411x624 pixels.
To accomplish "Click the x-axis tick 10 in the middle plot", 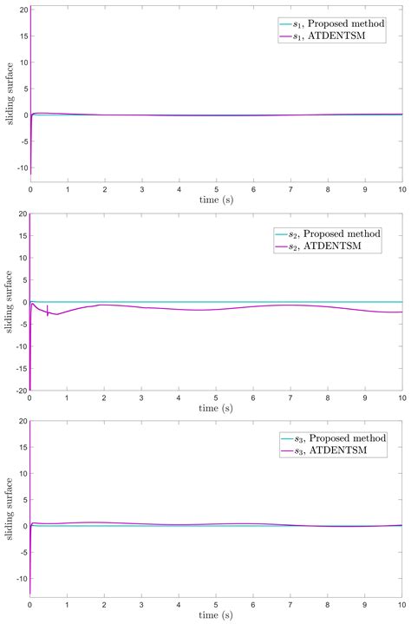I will click(401, 398).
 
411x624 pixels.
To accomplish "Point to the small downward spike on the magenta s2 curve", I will click(48, 313).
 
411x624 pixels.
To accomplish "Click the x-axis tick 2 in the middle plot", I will click(104, 398).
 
